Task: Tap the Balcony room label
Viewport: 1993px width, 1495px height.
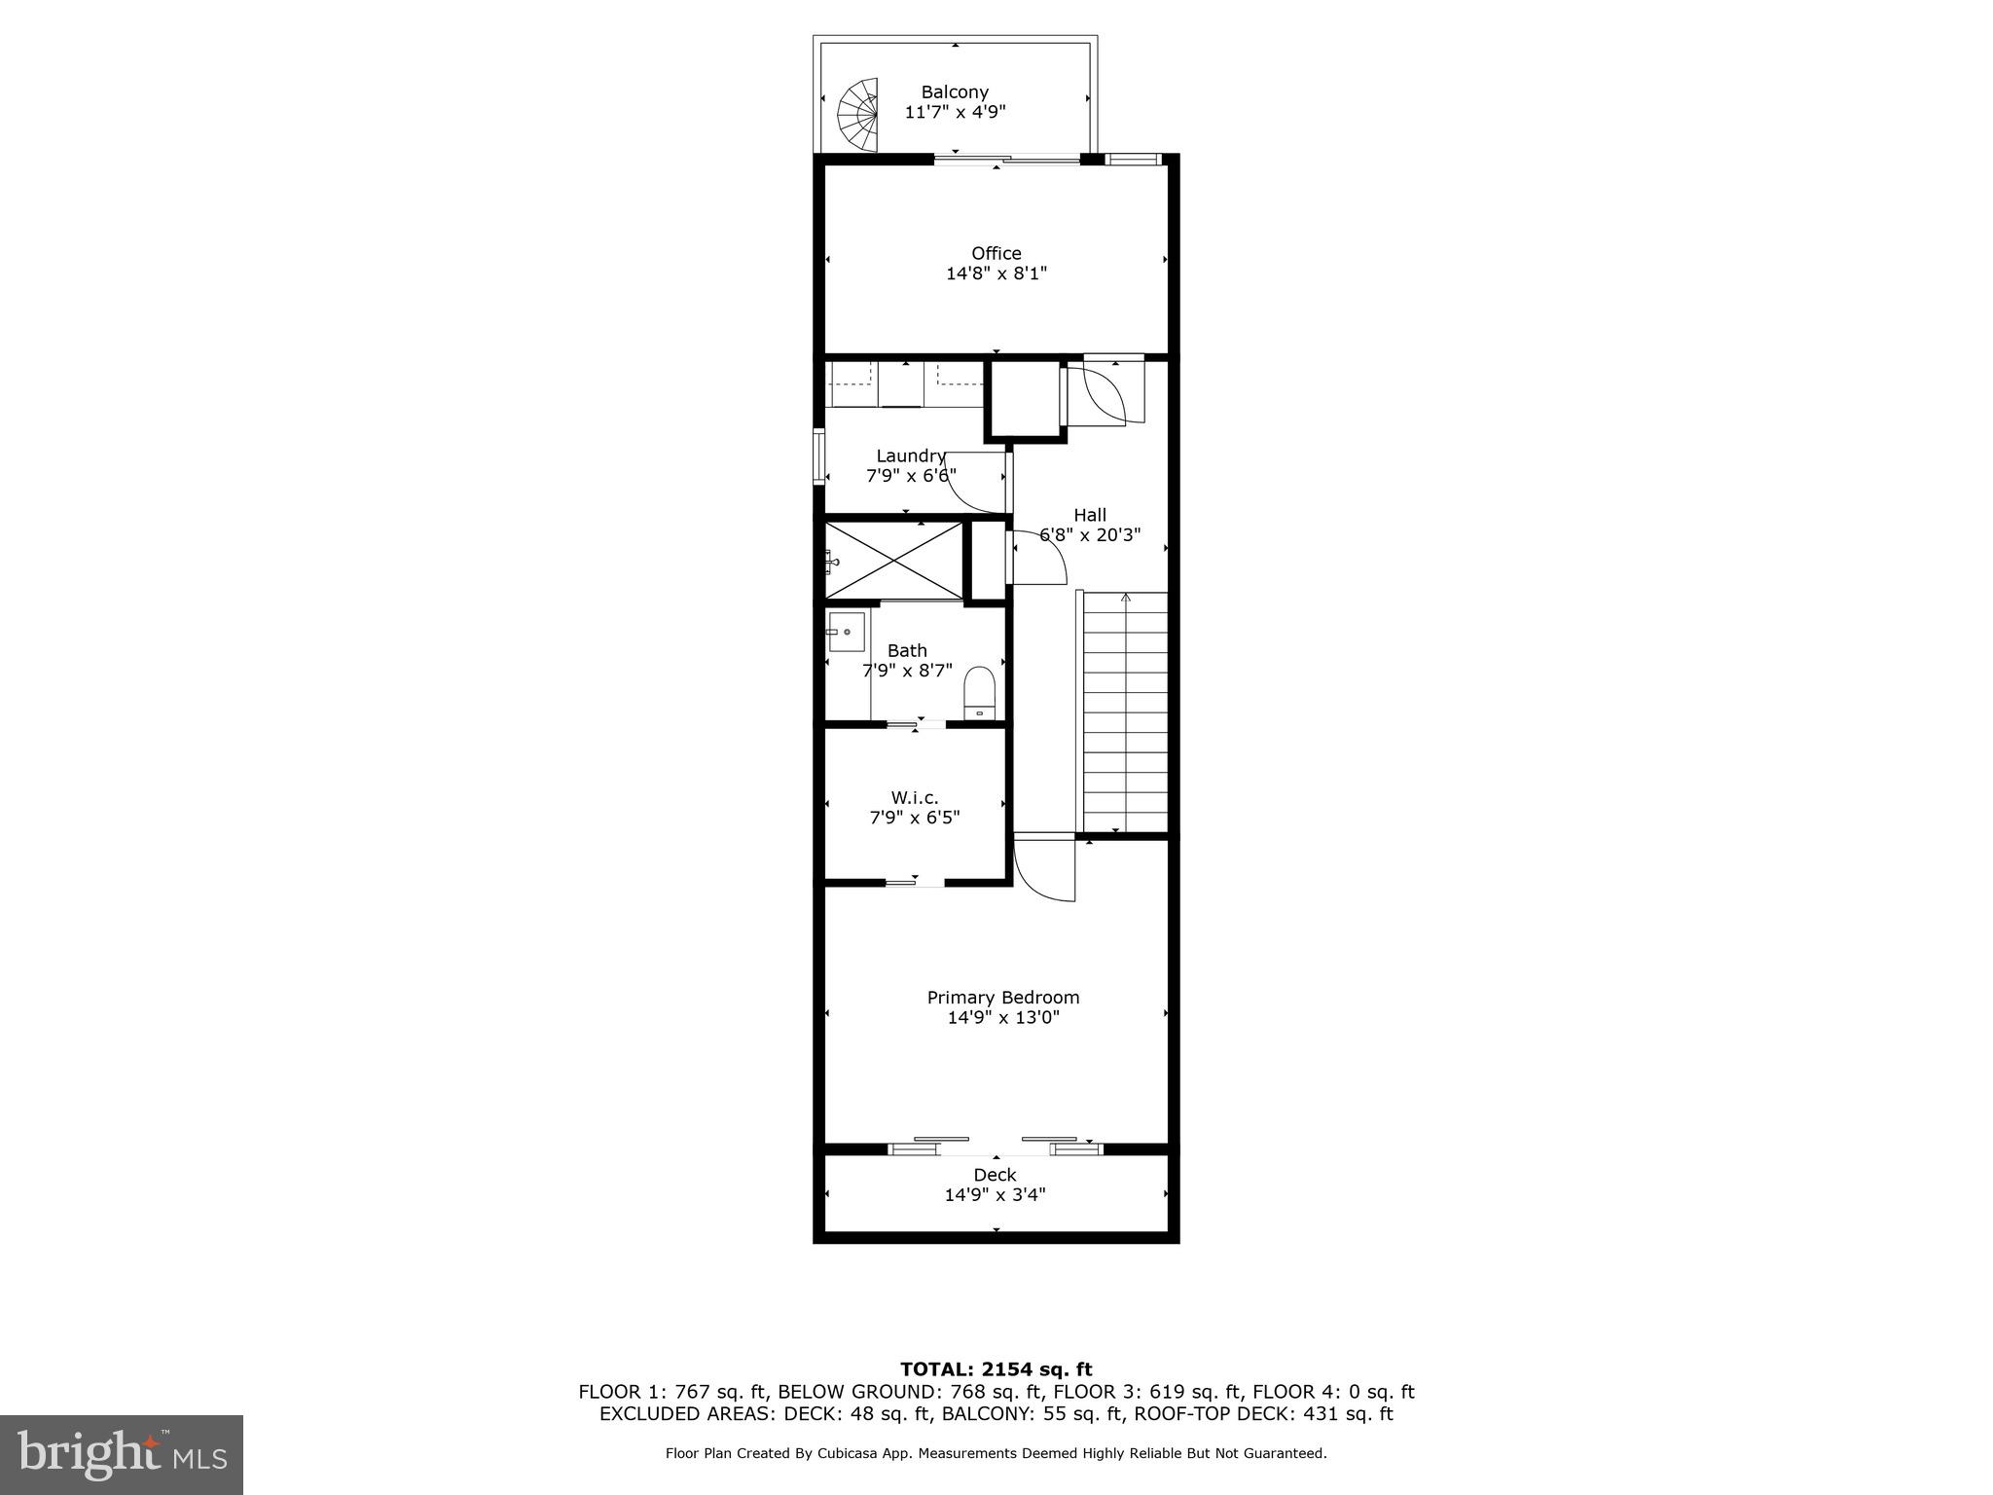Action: tap(955, 92)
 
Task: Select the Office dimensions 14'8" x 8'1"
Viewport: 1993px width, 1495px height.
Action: tap(996, 274)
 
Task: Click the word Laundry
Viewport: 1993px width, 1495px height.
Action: tap(910, 456)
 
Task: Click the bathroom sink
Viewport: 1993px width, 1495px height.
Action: tap(846, 632)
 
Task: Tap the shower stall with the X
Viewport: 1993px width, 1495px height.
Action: tap(892, 561)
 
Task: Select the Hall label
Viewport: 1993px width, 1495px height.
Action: tap(1089, 515)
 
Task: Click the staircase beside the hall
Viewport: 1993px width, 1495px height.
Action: tap(1125, 711)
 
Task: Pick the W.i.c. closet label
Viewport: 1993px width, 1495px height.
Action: tap(914, 798)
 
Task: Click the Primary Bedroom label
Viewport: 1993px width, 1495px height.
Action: tap(1002, 998)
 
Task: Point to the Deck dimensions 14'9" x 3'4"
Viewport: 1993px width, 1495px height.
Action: tap(995, 1195)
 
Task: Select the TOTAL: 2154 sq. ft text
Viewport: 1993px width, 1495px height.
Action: tap(996, 1370)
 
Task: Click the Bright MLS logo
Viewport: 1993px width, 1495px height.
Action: tap(122, 1455)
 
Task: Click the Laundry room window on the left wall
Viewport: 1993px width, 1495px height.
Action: tap(819, 456)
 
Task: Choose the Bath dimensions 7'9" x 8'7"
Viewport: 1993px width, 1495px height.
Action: tap(907, 671)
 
